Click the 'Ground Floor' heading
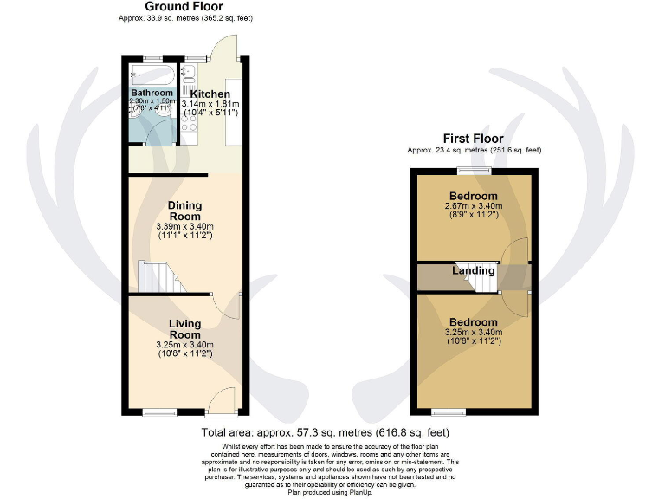pyautogui.click(x=184, y=7)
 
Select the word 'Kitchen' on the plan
pyautogui.click(x=210, y=94)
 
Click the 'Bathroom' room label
pyautogui.click(x=152, y=93)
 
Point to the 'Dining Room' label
pyautogui.click(x=184, y=211)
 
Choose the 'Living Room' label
pyautogui.click(x=184, y=329)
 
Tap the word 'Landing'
pyautogui.click(x=473, y=270)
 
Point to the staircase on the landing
pyautogui.click(x=473, y=274)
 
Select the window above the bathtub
pyautogui.click(x=153, y=58)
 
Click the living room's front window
pyautogui.click(x=158, y=411)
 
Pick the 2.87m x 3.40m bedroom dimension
pyautogui.click(x=473, y=207)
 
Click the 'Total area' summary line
pyautogui.click(x=325, y=431)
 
